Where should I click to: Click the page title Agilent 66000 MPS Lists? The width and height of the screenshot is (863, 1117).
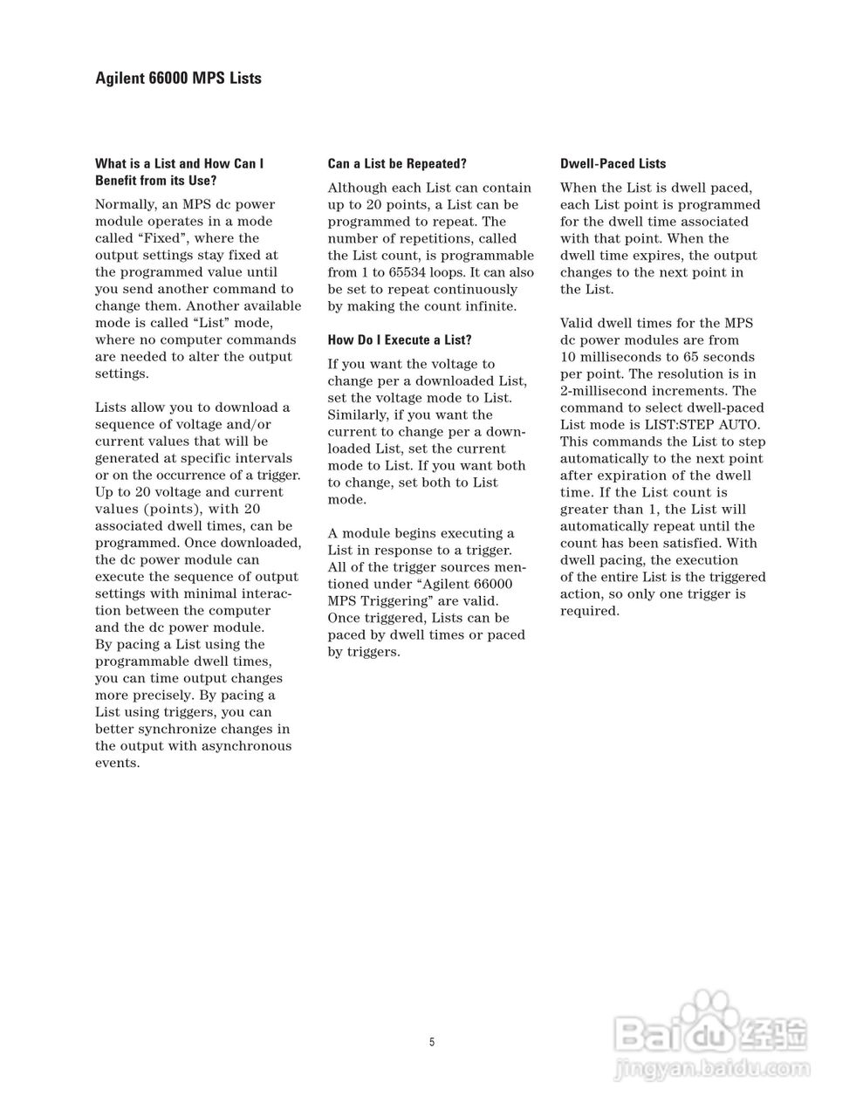(178, 79)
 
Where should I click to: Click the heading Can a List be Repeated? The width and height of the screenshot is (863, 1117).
(397, 163)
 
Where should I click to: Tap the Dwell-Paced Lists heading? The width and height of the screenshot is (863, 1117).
(613, 163)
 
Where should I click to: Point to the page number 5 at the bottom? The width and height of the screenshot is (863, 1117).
(431, 1042)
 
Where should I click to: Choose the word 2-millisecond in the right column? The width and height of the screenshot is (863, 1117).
(602, 391)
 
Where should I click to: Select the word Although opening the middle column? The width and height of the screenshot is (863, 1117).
(360, 188)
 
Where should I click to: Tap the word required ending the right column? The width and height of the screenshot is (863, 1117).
(589, 611)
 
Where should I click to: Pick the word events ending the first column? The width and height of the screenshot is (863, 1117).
(117, 763)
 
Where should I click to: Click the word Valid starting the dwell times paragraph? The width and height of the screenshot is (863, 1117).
(578, 323)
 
